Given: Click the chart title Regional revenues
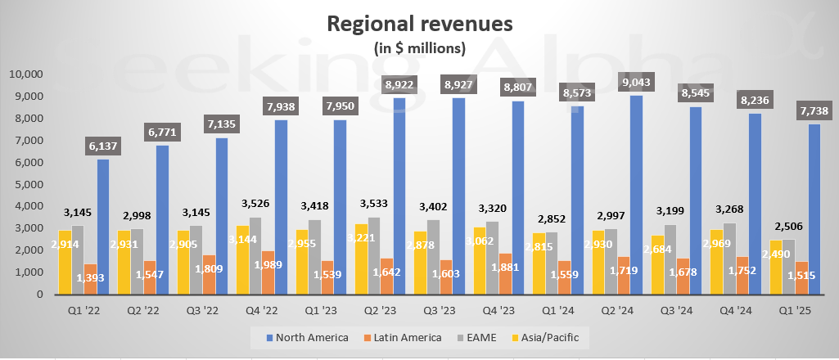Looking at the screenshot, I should coord(419,23).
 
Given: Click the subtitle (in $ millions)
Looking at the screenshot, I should coord(419,47).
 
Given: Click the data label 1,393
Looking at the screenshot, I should coord(92,279).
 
